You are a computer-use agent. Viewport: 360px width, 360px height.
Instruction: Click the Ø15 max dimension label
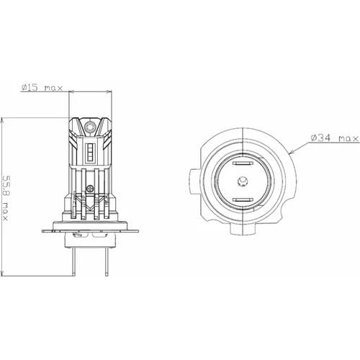pyautogui.click(x=42, y=88)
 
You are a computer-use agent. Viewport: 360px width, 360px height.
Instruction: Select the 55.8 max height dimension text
pyautogui.click(x=5, y=198)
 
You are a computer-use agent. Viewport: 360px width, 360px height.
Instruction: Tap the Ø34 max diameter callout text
pyautogui.click(x=335, y=138)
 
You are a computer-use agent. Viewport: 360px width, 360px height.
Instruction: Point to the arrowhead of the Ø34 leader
pyautogui.click(x=291, y=152)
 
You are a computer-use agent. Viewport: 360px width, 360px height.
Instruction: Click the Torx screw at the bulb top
pyautogui.click(x=90, y=125)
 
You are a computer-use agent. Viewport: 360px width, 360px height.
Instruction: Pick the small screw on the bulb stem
pyautogui.click(x=90, y=189)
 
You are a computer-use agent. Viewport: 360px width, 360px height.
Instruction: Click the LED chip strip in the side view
pyautogui.click(x=91, y=153)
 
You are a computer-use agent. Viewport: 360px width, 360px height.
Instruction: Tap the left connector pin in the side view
pyautogui.click(x=73, y=261)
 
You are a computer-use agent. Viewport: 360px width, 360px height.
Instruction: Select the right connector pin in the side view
pyautogui.click(x=107, y=261)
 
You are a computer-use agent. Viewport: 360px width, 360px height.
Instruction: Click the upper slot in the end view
pyautogui.click(x=243, y=163)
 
